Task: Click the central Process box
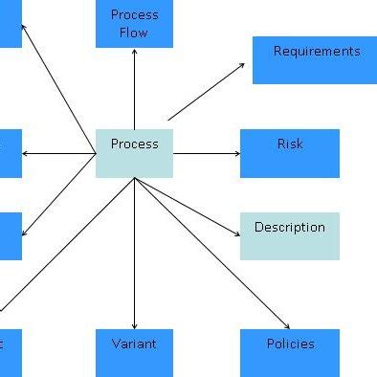pos(134,153)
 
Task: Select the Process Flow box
pos(134,24)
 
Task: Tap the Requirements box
pos(314,60)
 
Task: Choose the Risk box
pos(289,153)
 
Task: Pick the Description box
pos(289,236)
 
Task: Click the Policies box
pos(289,352)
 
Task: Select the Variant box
pos(134,352)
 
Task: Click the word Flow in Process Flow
pos(134,33)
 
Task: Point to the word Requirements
pos(317,51)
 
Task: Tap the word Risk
pos(289,144)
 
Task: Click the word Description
pos(289,228)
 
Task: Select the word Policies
pos(289,343)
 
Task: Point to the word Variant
pos(134,343)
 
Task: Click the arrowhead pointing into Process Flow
pos(134,52)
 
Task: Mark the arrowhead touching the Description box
pos(235,233)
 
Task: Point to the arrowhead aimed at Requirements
pos(241,65)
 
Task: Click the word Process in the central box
pos(134,144)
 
